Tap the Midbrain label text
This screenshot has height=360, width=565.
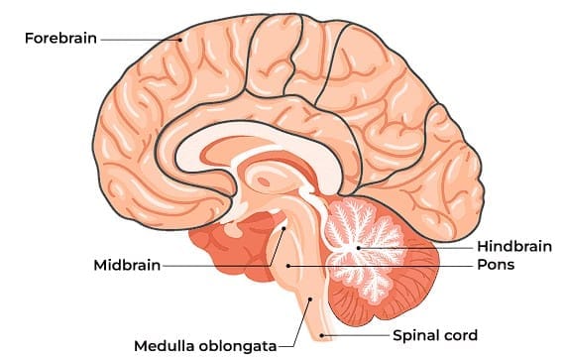click(x=126, y=266)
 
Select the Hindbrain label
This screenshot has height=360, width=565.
click(x=512, y=245)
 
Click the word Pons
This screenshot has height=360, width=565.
click(x=495, y=266)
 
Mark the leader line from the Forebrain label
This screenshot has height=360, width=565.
click(x=139, y=40)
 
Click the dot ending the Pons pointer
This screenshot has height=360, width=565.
click(x=287, y=266)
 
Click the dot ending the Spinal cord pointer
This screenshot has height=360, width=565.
click(x=324, y=335)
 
